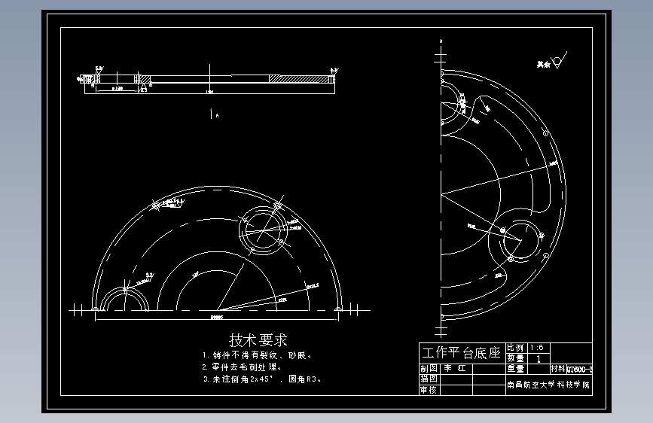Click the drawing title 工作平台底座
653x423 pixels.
462,352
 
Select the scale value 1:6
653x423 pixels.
540,347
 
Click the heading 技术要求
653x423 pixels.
258,340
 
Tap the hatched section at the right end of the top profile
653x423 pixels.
301,78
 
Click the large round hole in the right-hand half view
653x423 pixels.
521,239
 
